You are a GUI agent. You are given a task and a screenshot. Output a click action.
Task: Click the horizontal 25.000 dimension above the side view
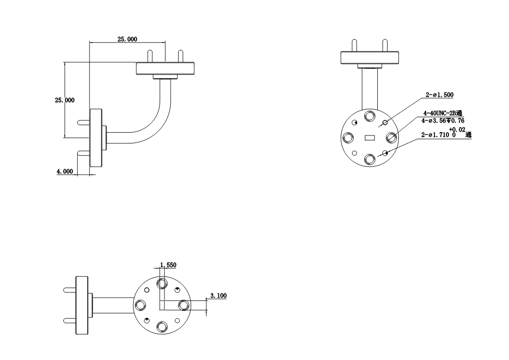pos(127,39)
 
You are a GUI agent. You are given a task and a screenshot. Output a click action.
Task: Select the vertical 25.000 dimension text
pos(65,100)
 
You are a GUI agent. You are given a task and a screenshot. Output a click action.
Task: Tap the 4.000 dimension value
pos(65,172)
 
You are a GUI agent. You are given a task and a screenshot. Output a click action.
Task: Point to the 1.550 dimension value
pos(168,265)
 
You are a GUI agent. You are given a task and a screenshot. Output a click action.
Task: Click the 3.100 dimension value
pos(218,296)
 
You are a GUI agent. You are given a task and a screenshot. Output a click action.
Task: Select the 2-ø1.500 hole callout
pos(440,95)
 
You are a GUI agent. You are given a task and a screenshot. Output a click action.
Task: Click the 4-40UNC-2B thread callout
pos(442,113)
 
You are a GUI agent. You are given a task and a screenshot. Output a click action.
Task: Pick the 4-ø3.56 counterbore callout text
pos(443,121)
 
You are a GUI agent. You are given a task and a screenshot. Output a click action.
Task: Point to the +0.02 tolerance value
pos(457,130)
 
